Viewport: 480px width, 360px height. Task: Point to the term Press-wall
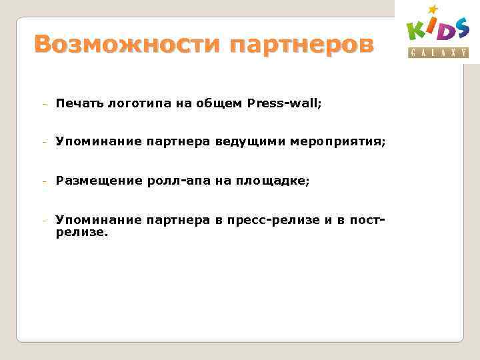click(283, 103)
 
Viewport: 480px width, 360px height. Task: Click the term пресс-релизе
click(273, 219)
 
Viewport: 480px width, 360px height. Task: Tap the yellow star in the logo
click(433, 9)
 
